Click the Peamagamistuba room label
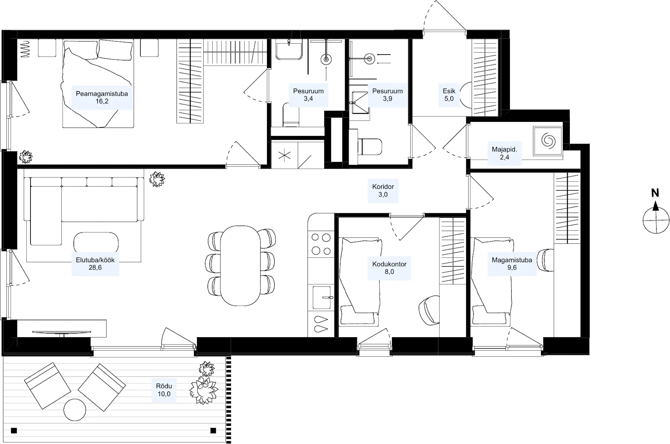[102, 94]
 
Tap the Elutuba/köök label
[95, 260]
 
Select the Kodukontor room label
[389, 264]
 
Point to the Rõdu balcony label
[164, 386]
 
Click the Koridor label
[383, 187]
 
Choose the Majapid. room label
[505, 149]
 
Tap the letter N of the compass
[655, 193]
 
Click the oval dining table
[240, 266]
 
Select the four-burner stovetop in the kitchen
[321, 244]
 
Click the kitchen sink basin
[322, 297]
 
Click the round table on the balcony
[75, 410]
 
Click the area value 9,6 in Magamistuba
[512, 268]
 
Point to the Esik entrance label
[449, 91]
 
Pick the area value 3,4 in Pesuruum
[308, 99]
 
